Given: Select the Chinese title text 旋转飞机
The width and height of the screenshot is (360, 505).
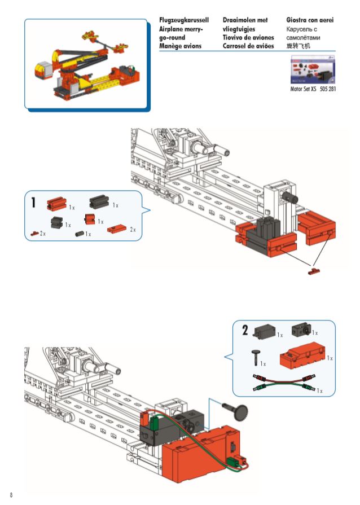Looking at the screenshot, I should [299, 45].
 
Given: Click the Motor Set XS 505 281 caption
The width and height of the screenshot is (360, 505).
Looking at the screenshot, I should [312, 89].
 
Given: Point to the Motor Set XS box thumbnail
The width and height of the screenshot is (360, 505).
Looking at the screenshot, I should [312, 69].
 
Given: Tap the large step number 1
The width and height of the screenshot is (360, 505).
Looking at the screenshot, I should [34, 202].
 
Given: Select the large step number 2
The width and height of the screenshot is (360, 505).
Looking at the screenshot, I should [245, 330].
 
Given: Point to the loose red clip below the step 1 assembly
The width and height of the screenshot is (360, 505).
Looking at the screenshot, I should [313, 272].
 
